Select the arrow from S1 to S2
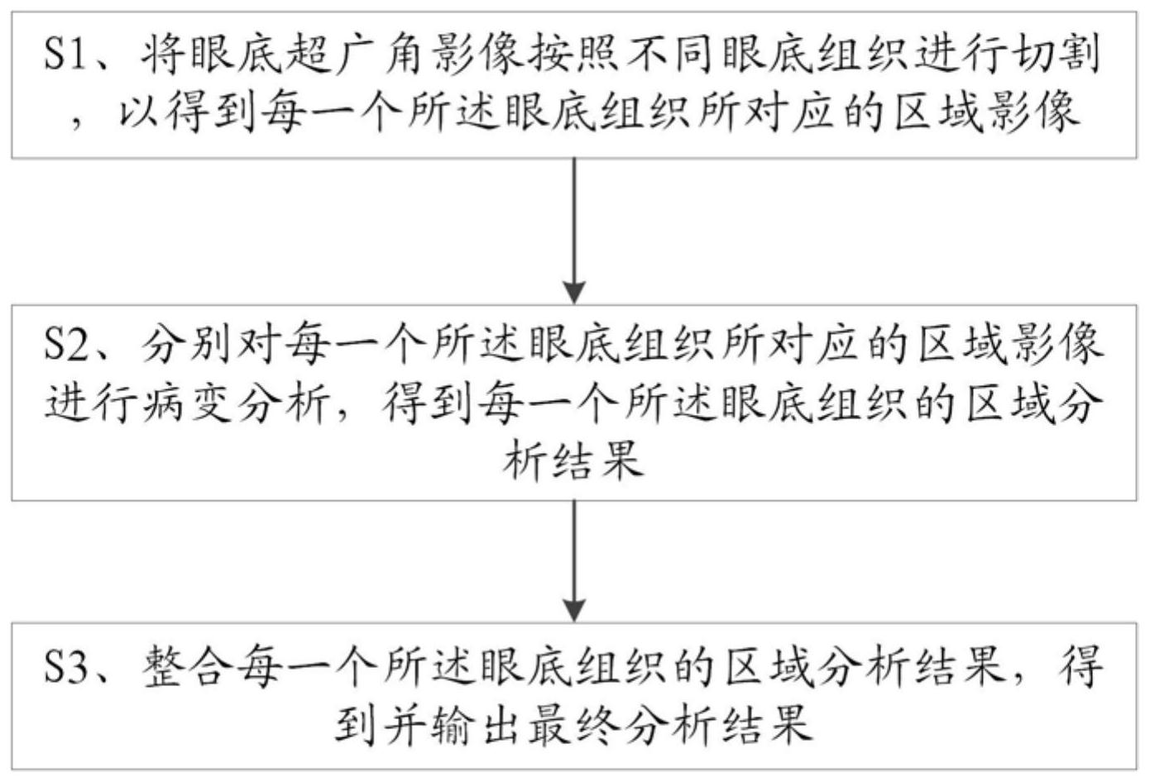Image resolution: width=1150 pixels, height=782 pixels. [574, 231]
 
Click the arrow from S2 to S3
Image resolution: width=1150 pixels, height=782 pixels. [574, 561]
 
